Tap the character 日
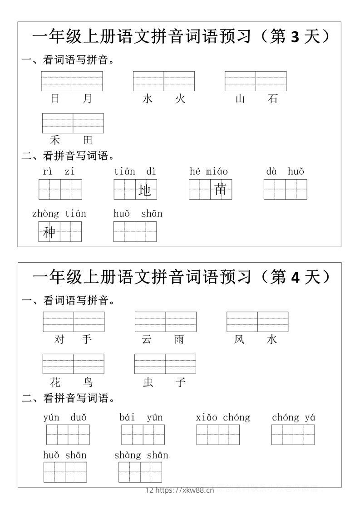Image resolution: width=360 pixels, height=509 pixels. point(55,99)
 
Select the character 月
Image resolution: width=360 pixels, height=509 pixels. point(88,99)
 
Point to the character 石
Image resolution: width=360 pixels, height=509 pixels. point(272,99)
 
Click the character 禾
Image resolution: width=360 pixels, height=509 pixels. point(55,140)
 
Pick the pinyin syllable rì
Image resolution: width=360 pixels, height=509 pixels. point(48,171)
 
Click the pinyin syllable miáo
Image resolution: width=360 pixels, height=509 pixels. point(217,171)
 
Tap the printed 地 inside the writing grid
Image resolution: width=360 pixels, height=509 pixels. point(145,191)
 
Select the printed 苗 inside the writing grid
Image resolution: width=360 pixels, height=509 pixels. point(221,190)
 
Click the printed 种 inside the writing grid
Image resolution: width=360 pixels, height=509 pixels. point(49,232)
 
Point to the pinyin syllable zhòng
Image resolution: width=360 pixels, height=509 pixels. point(45,214)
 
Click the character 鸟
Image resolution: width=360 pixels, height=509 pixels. point(88,382)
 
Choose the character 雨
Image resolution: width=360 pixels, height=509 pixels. point(180,339)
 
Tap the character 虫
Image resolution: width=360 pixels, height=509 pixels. point(148,382)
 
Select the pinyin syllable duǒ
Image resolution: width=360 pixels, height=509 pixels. point(79,417)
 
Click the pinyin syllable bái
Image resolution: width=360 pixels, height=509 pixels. point(127,417)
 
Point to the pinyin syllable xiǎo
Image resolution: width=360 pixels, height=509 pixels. point(207,417)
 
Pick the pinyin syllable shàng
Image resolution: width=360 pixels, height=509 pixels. point(128,455)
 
